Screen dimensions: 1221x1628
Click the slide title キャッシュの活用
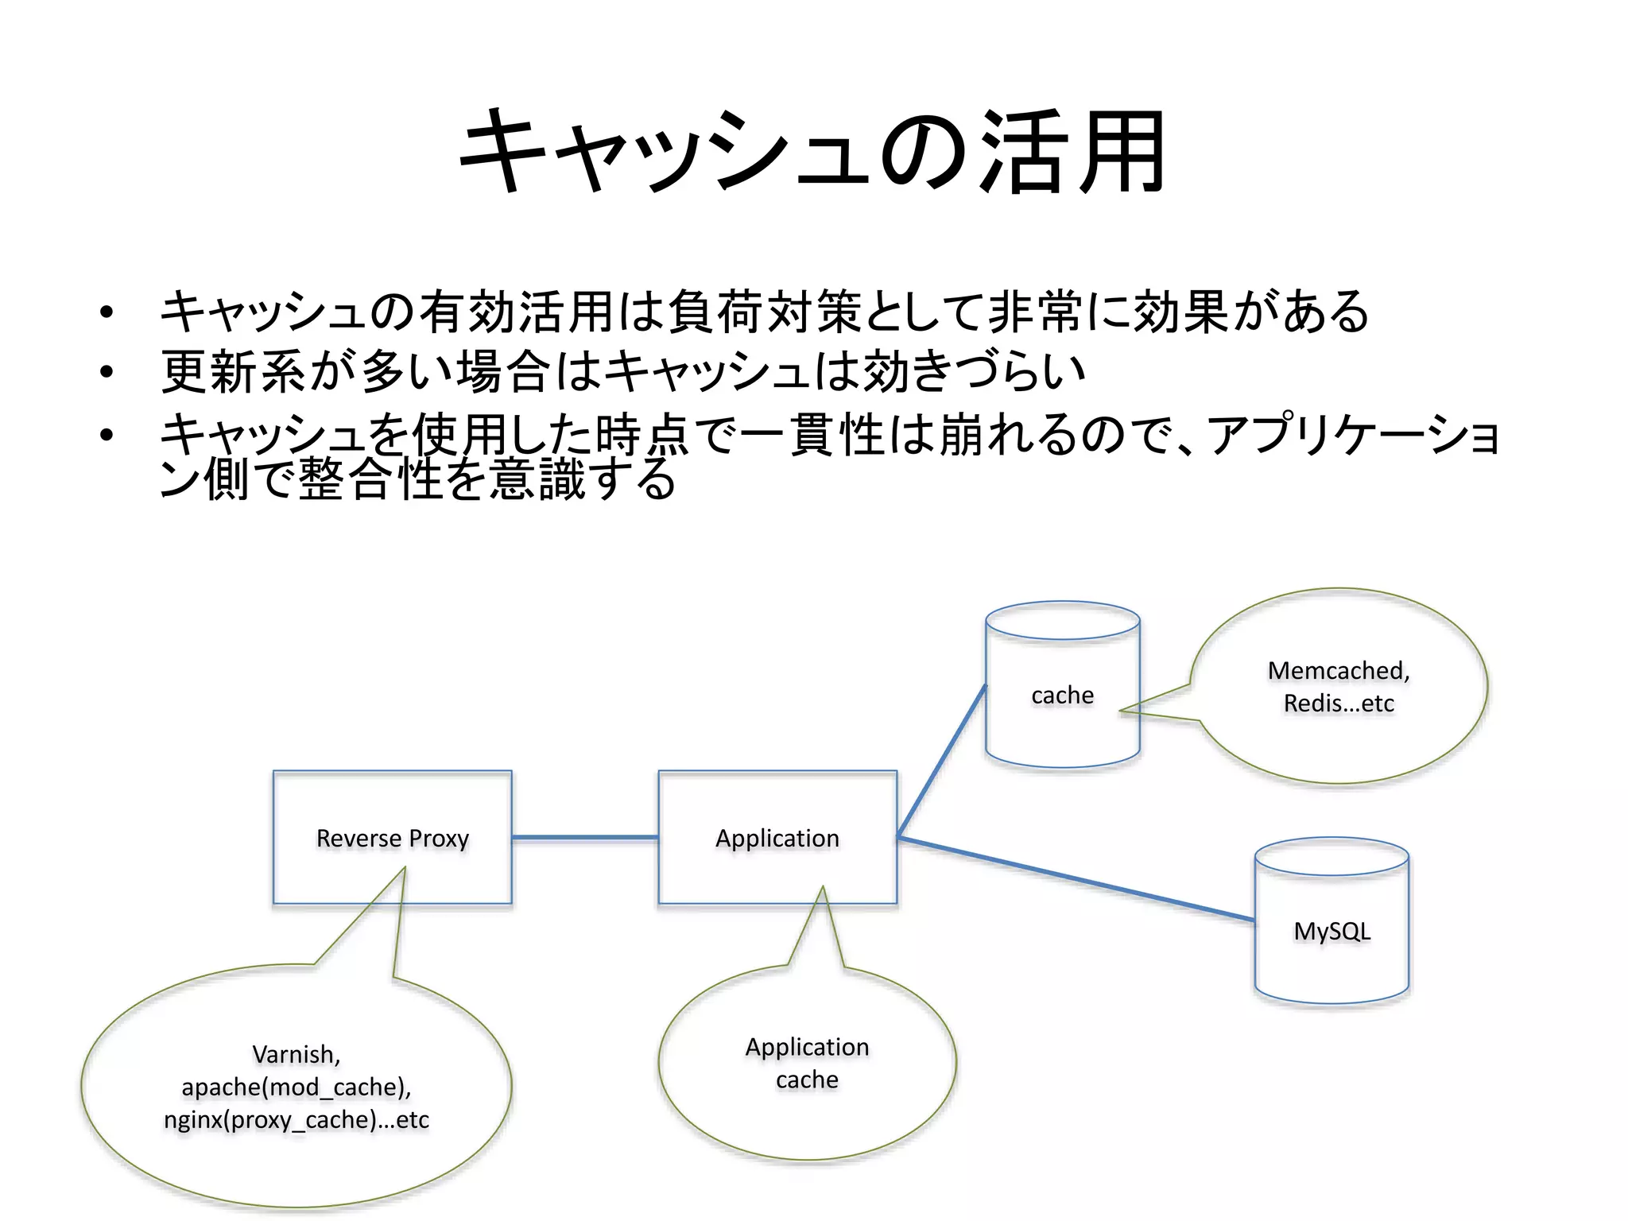pyautogui.click(x=812, y=153)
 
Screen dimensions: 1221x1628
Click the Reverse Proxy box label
pyautogui.click(x=392, y=838)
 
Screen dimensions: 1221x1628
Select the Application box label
pyautogui.click(x=777, y=838)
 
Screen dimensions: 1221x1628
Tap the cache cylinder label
pyautogui.click(x=1062, y=695)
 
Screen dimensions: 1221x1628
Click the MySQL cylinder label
pyautogui.click(x=1331, y=931)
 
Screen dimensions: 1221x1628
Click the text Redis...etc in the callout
pyautogui.click(x=1339, y=704)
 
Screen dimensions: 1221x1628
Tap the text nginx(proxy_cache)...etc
pyautogui.click(x=296, y=1119)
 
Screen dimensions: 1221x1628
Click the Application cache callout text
pyautogui.click(x=807, y=1063)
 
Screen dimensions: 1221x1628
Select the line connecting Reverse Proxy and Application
pyautogui.click(x=584, y=837)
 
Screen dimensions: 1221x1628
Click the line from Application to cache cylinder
pyautogui.click(x=941, y=762)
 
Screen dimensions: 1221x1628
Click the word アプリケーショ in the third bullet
pyautogui.click(x=1351, y=435)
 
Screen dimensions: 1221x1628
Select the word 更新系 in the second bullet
pyautogui.click(x=233, y=371)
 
